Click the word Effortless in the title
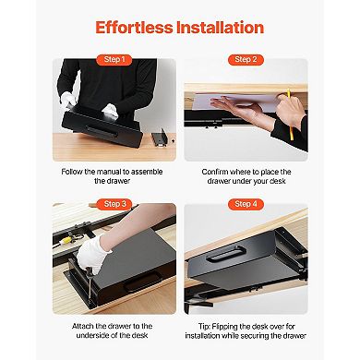(135, 27)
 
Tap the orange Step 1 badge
(117, 60)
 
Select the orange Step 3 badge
(117, 204)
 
